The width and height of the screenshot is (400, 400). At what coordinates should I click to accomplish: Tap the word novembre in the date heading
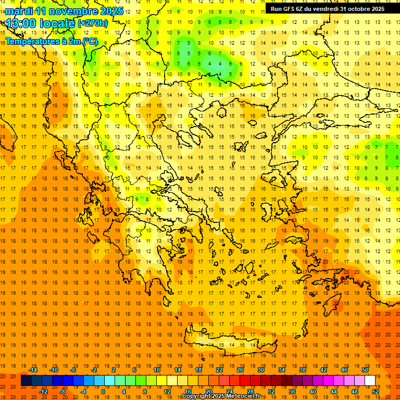pos(77,11)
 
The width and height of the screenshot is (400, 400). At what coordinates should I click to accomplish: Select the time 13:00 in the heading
pos(23,23)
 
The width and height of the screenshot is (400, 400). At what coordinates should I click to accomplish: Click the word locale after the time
pos(59,23)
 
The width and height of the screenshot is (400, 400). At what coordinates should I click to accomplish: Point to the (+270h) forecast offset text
pos(93,23)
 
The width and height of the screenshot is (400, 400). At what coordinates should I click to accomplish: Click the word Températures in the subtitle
pos(33,41)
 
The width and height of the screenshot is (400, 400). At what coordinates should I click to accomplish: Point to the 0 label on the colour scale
pos(103,392)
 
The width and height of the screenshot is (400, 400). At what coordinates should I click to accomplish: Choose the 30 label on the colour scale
pos(261,370)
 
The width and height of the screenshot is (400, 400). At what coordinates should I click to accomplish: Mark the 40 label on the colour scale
pos(313,392)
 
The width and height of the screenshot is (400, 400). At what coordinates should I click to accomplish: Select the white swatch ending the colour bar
pos(370,381)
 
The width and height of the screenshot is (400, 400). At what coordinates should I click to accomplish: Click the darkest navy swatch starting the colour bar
pos(26,381)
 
